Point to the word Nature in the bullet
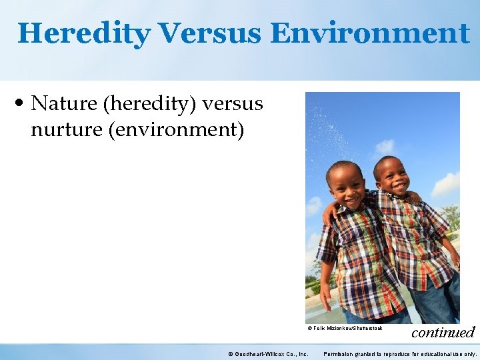pos(62,104)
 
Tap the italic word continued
pos(443,332)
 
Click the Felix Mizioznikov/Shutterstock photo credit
pos(345,328)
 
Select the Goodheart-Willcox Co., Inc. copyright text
pos(268,354)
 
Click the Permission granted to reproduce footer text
pos(400,354)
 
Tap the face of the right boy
pos(391,175)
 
